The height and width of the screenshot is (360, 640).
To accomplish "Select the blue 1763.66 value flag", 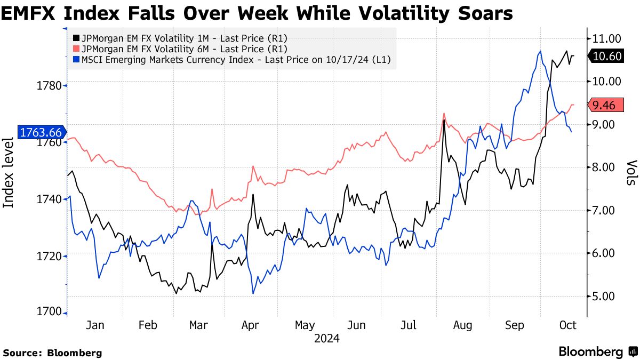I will [41, 132].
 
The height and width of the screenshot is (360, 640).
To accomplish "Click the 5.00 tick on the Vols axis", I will [603, 296].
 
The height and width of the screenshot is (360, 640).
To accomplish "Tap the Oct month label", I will [568, 325].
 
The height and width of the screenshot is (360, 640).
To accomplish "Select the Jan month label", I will [94, 325].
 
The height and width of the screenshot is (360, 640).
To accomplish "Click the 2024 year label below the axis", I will [327, 338].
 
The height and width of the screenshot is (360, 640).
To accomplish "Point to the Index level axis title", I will [9, 172].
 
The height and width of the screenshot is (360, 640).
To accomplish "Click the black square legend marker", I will [76, 38].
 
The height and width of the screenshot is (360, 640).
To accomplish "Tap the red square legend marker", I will [76, 49].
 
